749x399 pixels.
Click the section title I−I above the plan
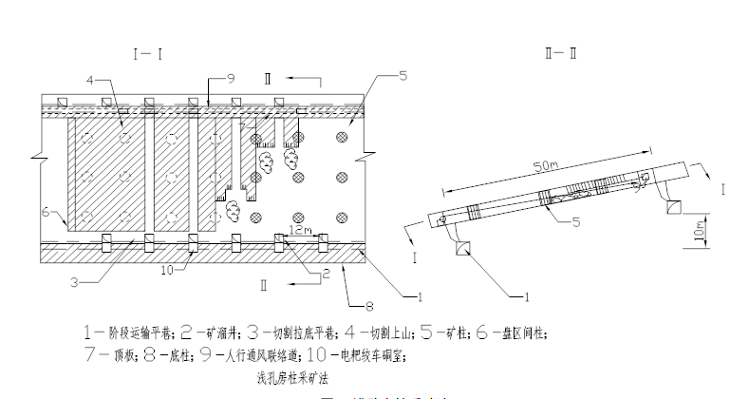(x=149, y=55)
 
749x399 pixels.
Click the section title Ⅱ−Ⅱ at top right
(x=561, y=53)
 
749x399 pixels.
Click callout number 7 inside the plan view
(x=244, y=127)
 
